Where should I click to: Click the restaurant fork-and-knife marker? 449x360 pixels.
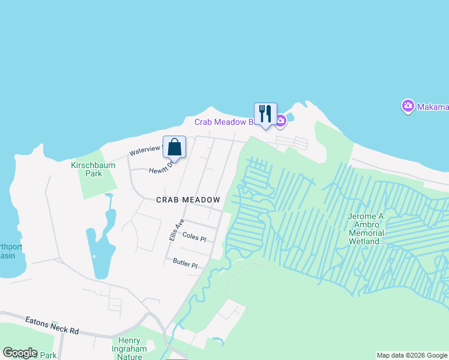click(265, 113)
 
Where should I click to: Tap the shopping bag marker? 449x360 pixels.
click(174, 147)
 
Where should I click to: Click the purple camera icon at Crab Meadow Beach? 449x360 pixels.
click(280, 122)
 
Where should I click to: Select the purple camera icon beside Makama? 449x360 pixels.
click(408, 106)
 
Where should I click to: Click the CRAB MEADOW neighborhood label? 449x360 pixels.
click(188, 199)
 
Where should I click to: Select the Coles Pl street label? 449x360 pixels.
click(194, 238)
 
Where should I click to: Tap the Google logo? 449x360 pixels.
click(20, 353)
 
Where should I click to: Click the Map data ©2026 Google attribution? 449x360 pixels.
click(412, 355)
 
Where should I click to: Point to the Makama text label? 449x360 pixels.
click(433, 107)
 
